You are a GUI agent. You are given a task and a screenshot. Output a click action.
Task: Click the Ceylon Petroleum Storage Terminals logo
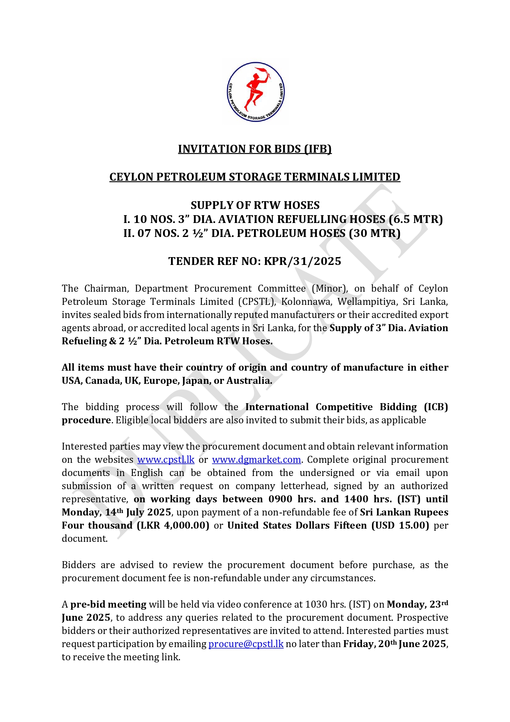click(256, 92)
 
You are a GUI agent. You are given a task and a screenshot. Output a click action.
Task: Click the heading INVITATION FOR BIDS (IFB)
click(255, 149)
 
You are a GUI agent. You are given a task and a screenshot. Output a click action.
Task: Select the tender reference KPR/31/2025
click(302, 261)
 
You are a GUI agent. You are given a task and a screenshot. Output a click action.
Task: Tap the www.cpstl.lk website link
click(166, 460)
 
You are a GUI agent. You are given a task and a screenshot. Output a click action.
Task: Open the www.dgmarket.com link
click(256, 460)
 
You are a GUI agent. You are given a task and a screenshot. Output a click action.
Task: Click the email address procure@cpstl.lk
click(246, 644)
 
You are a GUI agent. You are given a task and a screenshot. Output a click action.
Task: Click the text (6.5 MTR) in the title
click(415, 219)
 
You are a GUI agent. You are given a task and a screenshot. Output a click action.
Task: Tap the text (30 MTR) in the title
click(374, 233)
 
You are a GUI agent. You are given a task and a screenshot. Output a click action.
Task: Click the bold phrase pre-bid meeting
click(108, 604)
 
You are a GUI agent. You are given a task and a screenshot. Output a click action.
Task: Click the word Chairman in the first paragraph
click(106, 288)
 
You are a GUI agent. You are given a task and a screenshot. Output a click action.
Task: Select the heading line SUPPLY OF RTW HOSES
click(255, 205)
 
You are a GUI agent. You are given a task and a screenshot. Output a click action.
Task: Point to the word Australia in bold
click(249, 381)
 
